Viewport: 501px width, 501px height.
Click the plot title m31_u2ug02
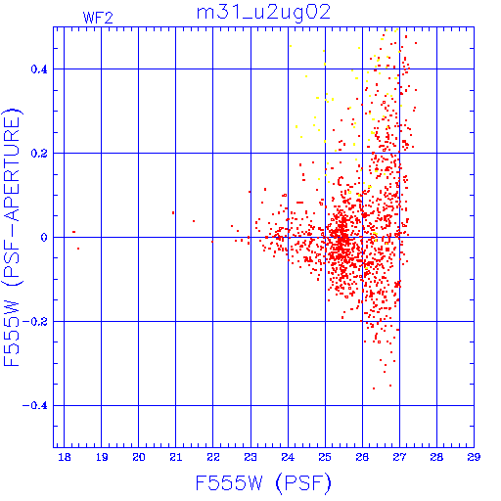(x=263, y=13)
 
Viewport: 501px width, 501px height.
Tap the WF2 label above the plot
(x=98, y=18)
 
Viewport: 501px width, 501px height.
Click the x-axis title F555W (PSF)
(x=263, y=482)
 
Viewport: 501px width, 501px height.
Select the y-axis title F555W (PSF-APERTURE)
(x=13, y=238)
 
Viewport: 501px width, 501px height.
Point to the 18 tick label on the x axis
(x=65, y=457)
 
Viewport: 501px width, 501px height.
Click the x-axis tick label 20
(x=139, y=457)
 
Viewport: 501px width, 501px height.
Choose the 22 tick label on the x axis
(x=213, y=457)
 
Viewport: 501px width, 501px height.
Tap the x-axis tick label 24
(x=288, y=457)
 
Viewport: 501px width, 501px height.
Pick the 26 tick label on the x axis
(x=362, y=457)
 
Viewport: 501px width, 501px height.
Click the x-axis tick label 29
(x=474, y=457)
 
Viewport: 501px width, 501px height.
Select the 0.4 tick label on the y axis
(x=39, y=69)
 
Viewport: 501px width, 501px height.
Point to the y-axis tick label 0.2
(x=39, y=154)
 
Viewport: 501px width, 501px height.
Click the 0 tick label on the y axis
(x=44, y=238)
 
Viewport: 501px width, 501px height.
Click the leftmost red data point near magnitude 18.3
(x=74, y=232)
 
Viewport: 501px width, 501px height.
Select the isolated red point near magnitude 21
(x=173, y=213)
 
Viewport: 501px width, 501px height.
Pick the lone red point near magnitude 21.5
(x=194, y=221)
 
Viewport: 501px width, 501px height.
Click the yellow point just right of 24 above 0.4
(x=291, y=46)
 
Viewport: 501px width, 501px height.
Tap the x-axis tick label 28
(x=436, y=457)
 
